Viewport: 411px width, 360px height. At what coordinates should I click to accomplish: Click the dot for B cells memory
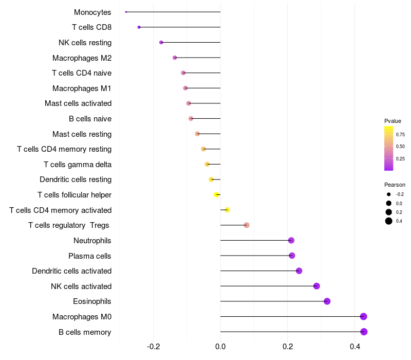tap(364, 332)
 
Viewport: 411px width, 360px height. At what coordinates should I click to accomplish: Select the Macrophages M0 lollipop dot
tap(363, 316)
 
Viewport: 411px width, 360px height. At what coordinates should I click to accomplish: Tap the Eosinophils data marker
tap(327, 301)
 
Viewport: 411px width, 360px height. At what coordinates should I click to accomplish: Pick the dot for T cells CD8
tap(139, 27)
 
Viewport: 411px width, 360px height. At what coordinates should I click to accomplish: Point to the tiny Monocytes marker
tap(126, 12)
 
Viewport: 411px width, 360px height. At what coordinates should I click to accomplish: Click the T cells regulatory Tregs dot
tap(247, 225)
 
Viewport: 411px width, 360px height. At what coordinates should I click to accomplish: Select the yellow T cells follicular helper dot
tap(217, 195)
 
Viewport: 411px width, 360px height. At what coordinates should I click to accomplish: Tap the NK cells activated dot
tap(316, 286)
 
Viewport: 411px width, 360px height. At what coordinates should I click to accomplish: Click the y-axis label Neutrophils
tap(92, 241)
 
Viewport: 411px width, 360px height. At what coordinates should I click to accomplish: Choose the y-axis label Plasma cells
tap(90, 256)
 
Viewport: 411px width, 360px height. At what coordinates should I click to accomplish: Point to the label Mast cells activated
tap(78, 103)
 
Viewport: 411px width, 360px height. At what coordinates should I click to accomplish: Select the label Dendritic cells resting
tap(76, 179)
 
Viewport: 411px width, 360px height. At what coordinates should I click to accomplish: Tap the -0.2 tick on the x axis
tap(153, 347)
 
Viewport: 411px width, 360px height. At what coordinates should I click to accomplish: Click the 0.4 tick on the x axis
tap(355, 347)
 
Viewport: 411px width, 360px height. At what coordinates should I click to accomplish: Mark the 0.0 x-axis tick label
tap(220, 347)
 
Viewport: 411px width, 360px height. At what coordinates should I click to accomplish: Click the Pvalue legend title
tap(393, 121)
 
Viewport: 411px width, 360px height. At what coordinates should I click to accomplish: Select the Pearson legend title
tap(395, 185)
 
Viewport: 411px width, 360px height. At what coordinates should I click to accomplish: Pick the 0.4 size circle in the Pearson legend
tap(389, 221)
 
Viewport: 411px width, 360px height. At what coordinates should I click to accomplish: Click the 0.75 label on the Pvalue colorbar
tap(400, 135)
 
